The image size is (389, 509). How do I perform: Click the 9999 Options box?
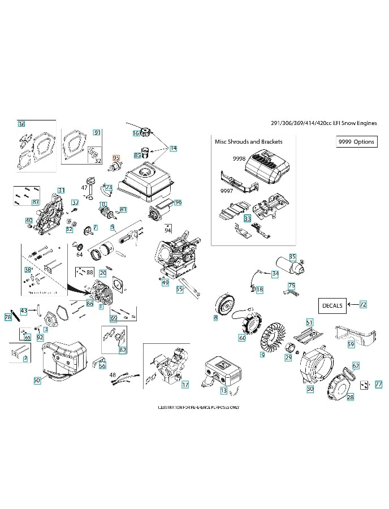[356, 142]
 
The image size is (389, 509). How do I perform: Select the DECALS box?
[332, 305]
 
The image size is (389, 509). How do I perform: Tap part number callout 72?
[363, 305]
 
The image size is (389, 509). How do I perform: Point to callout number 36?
[21, 124]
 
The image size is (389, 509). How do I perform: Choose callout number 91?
[97, 132]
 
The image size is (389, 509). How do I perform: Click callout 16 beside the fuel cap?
[136, 133]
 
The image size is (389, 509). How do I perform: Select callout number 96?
[178, 202]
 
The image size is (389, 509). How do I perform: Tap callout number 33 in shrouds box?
[247, 218]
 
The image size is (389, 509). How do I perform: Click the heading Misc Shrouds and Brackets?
[249, 141]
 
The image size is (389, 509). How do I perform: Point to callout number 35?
[292, 256]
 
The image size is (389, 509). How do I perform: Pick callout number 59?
[351, 344]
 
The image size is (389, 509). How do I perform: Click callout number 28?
[350, 398]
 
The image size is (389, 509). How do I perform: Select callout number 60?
[242, 338]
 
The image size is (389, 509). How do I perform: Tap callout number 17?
[185, 385]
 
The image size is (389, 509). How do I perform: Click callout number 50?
[37, 381]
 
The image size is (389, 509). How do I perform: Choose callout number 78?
[8, 318]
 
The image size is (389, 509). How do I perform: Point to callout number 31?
[61, 190]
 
